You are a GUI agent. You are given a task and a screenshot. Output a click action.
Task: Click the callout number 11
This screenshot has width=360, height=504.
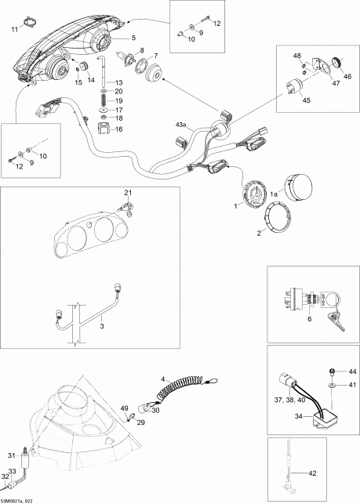pyautogui.click(x=15, y=30)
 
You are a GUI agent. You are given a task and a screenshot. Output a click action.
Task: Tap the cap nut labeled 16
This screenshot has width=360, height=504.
pyautogui.click(x=104, y=129)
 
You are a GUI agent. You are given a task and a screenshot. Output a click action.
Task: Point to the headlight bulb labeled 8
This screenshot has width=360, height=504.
pyautogui.click(x=127, y=58)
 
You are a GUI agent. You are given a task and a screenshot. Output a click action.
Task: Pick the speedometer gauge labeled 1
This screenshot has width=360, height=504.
pyautogui.click(x=254, y=193)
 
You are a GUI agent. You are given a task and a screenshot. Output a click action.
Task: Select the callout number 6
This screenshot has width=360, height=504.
pyautogui.click(x=310, y=319)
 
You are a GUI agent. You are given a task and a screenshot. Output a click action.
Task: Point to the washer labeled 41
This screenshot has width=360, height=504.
pyautogui.click(x=332, y=385)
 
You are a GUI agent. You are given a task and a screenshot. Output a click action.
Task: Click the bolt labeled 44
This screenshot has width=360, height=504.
pyautogui.click(x=332, y=372)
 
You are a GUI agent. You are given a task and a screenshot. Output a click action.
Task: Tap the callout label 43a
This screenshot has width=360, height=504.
pyautogui.click(x=181, y=124)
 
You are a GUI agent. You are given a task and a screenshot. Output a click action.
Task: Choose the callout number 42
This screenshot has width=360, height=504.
pyautogui.click(x=311, y=473)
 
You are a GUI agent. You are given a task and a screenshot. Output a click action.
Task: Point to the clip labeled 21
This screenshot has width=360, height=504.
pyautogui.click(x=127, y=208)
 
